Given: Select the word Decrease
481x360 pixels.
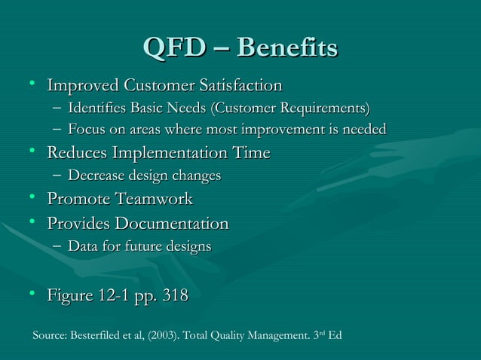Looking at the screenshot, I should [x=94, y=176].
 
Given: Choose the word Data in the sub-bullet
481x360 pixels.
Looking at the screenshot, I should [x=81, y=246].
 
